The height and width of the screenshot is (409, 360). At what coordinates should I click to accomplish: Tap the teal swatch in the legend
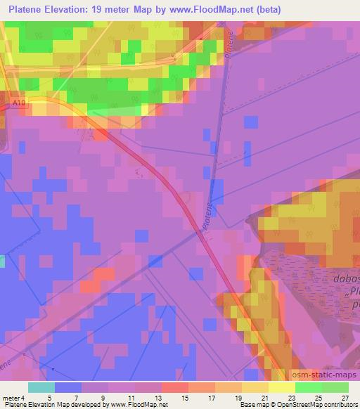41,387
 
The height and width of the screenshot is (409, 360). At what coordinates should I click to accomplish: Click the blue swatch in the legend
68,387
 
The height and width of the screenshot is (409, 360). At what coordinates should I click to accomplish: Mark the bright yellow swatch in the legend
282,387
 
